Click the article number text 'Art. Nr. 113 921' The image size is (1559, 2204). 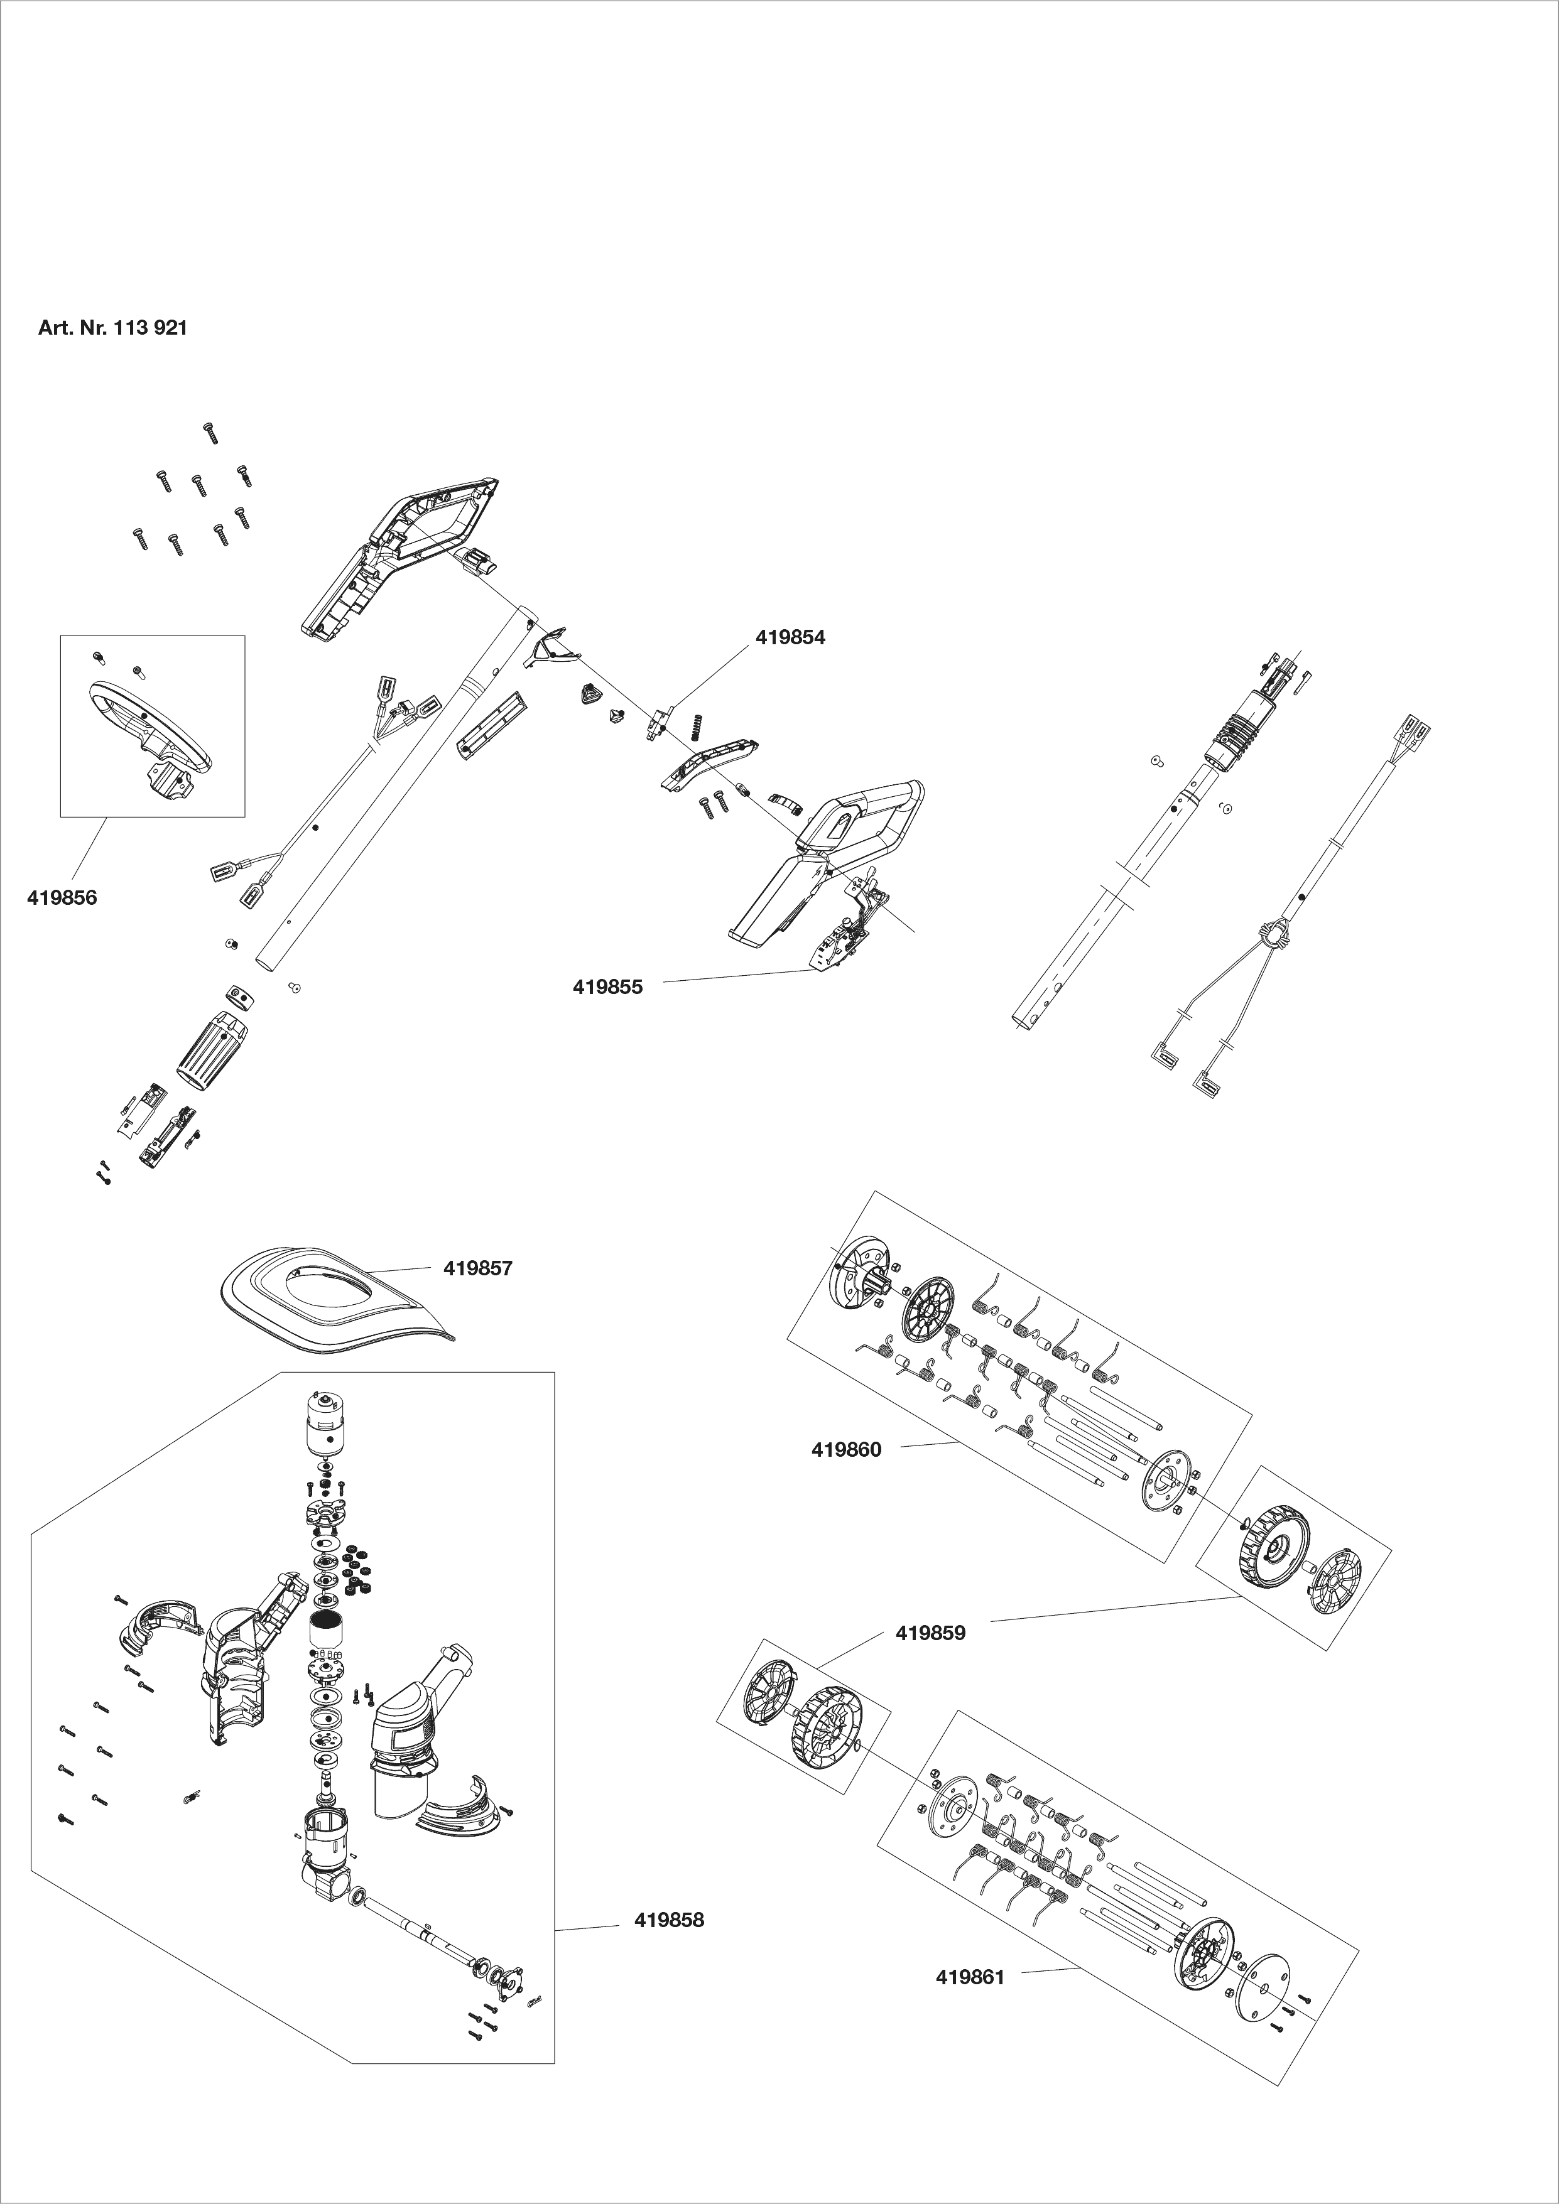(112, 328)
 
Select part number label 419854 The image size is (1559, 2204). (790, 637)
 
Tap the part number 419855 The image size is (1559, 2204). (607, 987)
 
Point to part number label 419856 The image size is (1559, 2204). (62, 899)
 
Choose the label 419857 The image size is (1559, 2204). (478, 1268)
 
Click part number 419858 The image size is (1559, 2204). (669, 1920)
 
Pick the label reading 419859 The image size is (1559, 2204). (930, 1633)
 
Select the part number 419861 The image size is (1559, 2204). (970, 1977)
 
